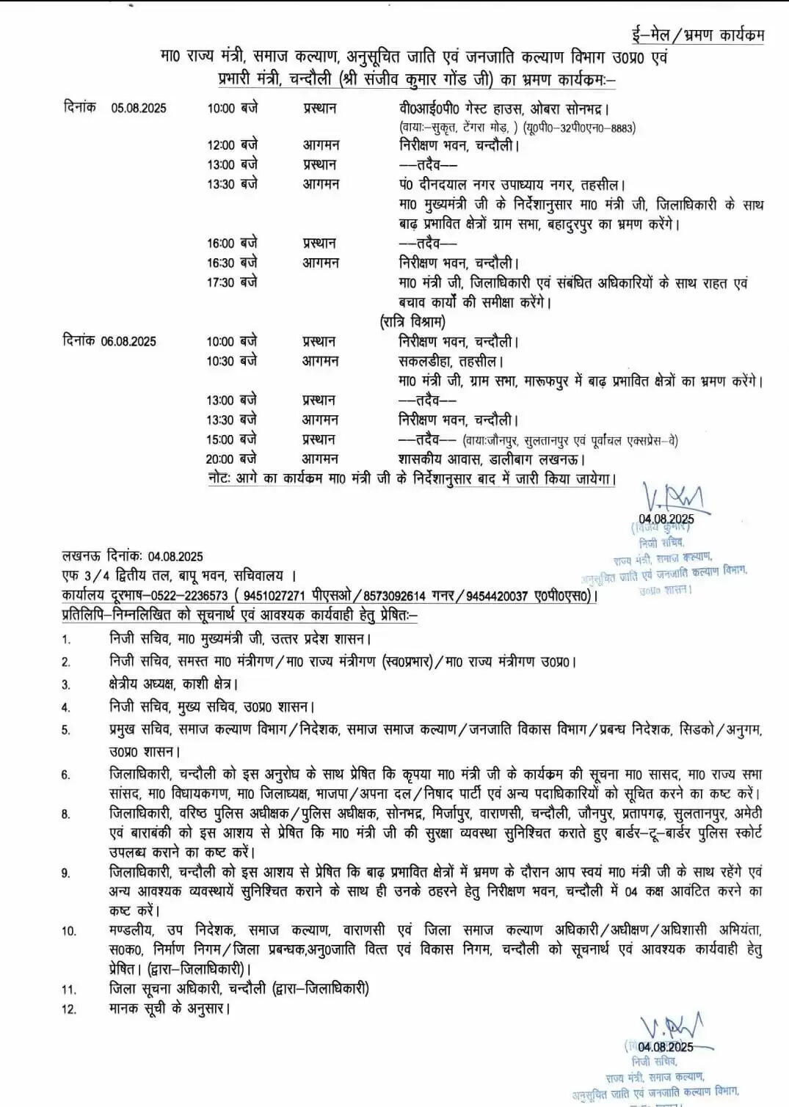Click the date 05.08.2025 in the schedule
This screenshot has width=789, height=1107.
(x=139, y=108)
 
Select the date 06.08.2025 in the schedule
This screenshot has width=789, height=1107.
(x=128, y=341)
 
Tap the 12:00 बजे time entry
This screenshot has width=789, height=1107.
(x=232, y=145)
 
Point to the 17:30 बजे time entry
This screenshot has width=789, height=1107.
(x=232, y=282)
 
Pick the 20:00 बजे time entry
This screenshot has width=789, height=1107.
(x=232, y=459)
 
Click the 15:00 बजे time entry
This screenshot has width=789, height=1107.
(x=232, y=439)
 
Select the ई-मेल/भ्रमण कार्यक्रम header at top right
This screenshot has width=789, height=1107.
(x=697, y=34)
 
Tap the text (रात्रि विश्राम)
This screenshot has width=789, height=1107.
(x=412, y=321)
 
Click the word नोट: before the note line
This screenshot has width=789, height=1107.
(x=219, y=479)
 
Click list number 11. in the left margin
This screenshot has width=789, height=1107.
(x=68, y=990)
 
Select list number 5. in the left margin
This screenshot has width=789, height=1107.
(x=66, y=730)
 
